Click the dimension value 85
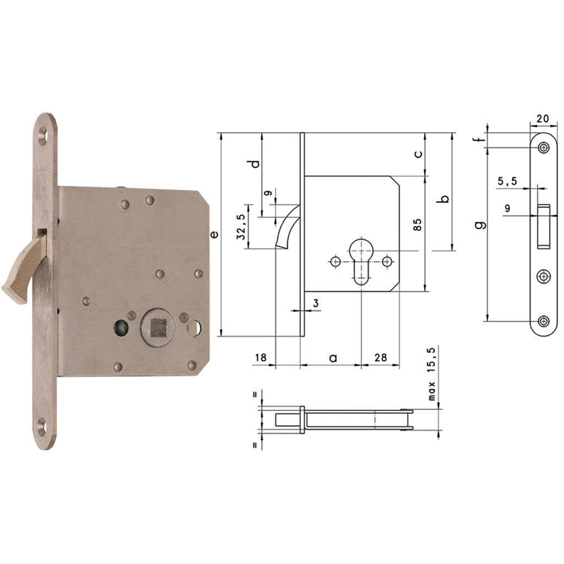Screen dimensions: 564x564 417,225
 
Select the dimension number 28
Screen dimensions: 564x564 380,357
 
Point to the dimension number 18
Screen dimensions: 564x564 261,357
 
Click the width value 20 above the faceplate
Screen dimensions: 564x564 543,117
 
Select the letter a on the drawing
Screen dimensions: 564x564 333,358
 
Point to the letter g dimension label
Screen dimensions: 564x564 480,225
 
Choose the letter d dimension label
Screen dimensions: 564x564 253,164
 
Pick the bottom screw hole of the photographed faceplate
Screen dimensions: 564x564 42,425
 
